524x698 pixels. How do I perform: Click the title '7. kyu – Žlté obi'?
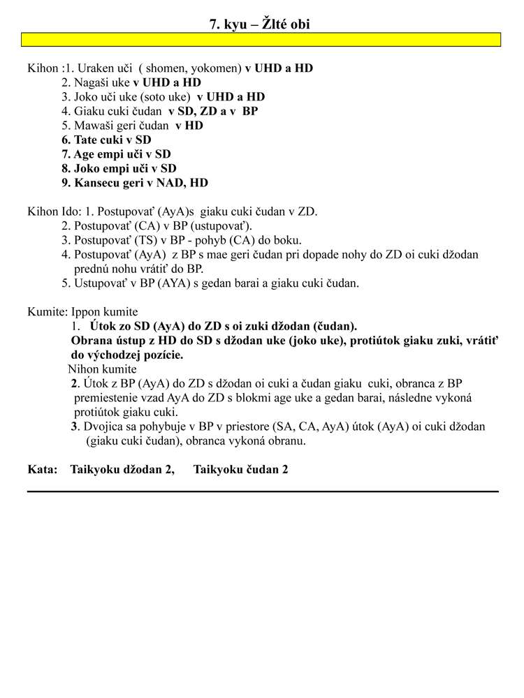point(260,24)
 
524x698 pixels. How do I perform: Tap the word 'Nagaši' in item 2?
point(92,82)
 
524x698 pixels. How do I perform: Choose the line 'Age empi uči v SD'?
point(116,154)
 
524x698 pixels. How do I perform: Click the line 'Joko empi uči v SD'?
point(119,168)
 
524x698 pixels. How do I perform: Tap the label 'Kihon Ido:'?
point(53,211)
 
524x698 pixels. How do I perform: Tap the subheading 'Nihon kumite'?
point(102,369)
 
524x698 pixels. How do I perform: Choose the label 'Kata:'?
point(42,470)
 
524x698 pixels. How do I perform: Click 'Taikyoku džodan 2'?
point(122,470)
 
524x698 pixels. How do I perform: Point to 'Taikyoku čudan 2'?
point(240,470)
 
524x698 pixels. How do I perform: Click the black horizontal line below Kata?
point(263,491)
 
